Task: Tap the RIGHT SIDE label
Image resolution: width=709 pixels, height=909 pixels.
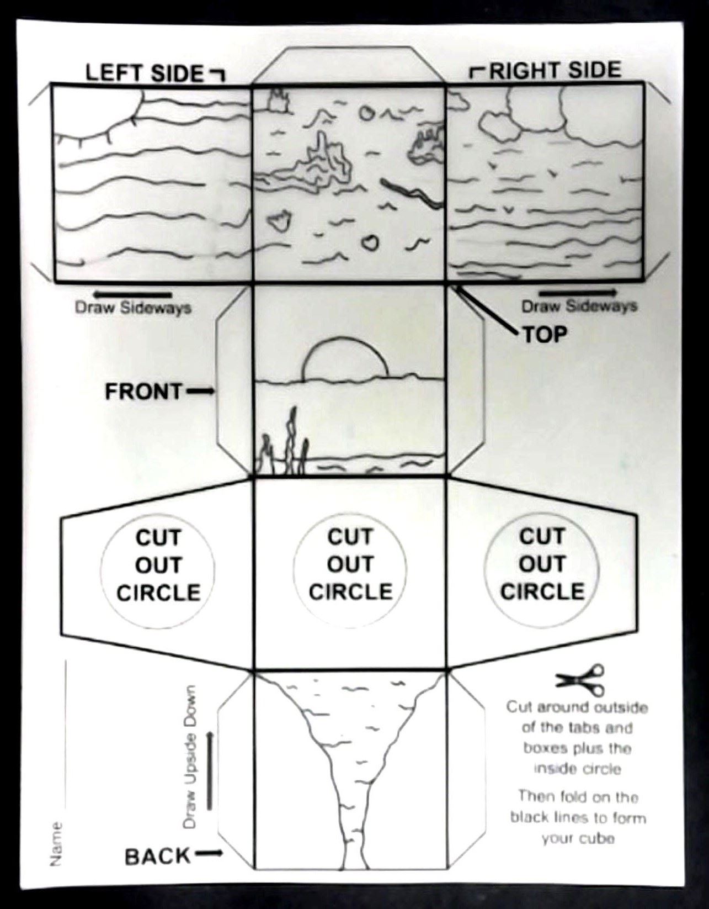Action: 555,70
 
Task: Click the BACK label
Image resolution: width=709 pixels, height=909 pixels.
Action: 157,857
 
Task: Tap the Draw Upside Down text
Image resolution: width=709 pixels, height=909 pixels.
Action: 190,757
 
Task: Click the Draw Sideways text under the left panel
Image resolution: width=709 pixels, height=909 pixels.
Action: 133,308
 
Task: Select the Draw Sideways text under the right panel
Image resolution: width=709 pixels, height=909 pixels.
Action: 579,306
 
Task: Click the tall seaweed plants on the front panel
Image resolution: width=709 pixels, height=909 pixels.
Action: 285,442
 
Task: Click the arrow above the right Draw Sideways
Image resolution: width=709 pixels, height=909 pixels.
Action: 578,292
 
